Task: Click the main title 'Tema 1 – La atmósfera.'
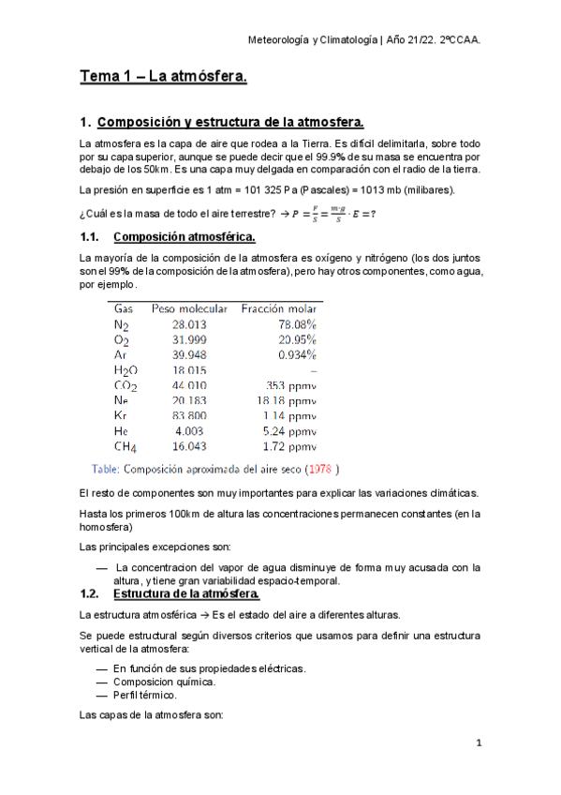pyautogui.click(x=163, y=79)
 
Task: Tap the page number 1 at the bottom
pyautogui.click(x=479, y=742)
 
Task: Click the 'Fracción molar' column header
pyautogui.click(x=282, y=307)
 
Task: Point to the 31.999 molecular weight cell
pyautogui.click(x=191, y=339)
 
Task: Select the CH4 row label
pyautogui.click(x=125, y=446)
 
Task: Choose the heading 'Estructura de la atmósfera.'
pyautogui.click(x=185, y=594)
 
